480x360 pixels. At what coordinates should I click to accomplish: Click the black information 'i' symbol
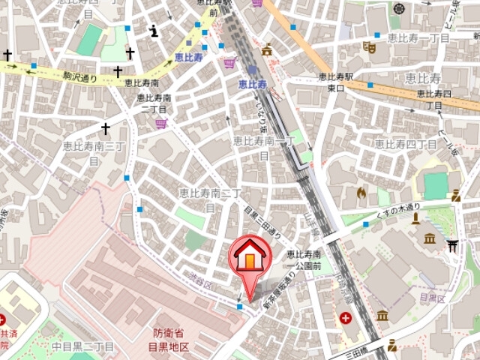pos(154,31)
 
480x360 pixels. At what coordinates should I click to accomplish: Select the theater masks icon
pos(368,47)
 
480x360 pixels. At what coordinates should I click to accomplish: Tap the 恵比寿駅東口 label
pos(335,82)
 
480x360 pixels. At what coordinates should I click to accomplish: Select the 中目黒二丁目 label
pos(83,346)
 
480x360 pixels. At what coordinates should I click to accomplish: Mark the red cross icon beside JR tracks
pos(346,318)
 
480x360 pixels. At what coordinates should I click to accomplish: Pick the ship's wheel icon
pos(397,8)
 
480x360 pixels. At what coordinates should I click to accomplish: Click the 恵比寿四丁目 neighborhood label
pos(406,142)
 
